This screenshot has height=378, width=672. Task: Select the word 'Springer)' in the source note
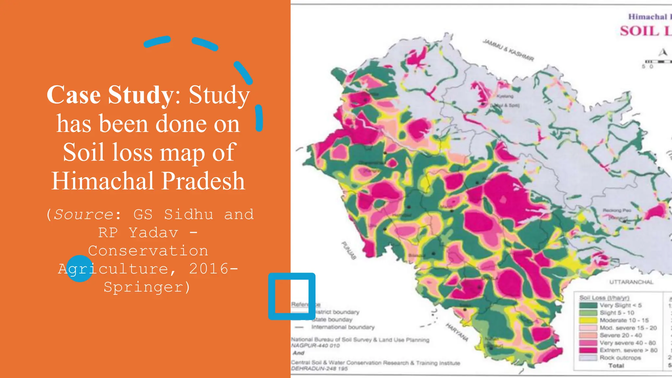click(x=147, y=287)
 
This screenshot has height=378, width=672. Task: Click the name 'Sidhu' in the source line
click(x=188, y=215)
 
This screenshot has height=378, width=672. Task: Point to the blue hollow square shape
click(x=292, y=296)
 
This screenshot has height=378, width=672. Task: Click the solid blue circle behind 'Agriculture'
click(x=79, y=269)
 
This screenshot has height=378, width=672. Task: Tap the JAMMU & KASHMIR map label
click(x=508, y=50)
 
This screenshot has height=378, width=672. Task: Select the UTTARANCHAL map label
click(x=631, y=282)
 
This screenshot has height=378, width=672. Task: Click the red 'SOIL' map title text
click(x=639, y=31)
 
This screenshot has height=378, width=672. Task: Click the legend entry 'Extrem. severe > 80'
click(x=628, y=350)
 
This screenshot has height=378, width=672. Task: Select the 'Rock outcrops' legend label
click(x=620, y=358)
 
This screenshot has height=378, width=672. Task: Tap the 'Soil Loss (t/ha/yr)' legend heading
click(x=604, y=298)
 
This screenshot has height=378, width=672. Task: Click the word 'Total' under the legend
click(x=616, y=366)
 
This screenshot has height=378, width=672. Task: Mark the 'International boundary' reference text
click(x=343, y=327)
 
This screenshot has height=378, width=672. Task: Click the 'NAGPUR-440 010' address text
click(x=315, y=346)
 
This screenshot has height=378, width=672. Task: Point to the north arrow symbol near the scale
click(x=663, y=52)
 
